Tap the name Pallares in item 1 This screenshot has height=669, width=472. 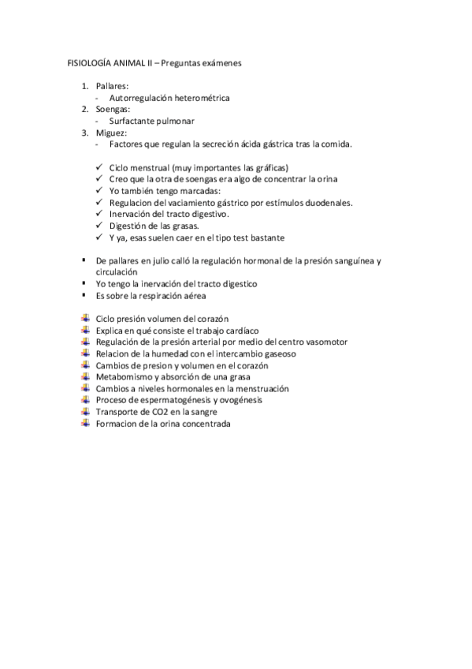[x=112, y=85]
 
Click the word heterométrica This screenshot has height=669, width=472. [x=194, y=97]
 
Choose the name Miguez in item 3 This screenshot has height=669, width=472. [x=110, y=133]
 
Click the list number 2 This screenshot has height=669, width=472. [x=85, y=109]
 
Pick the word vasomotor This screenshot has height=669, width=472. [x=325, y=342]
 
